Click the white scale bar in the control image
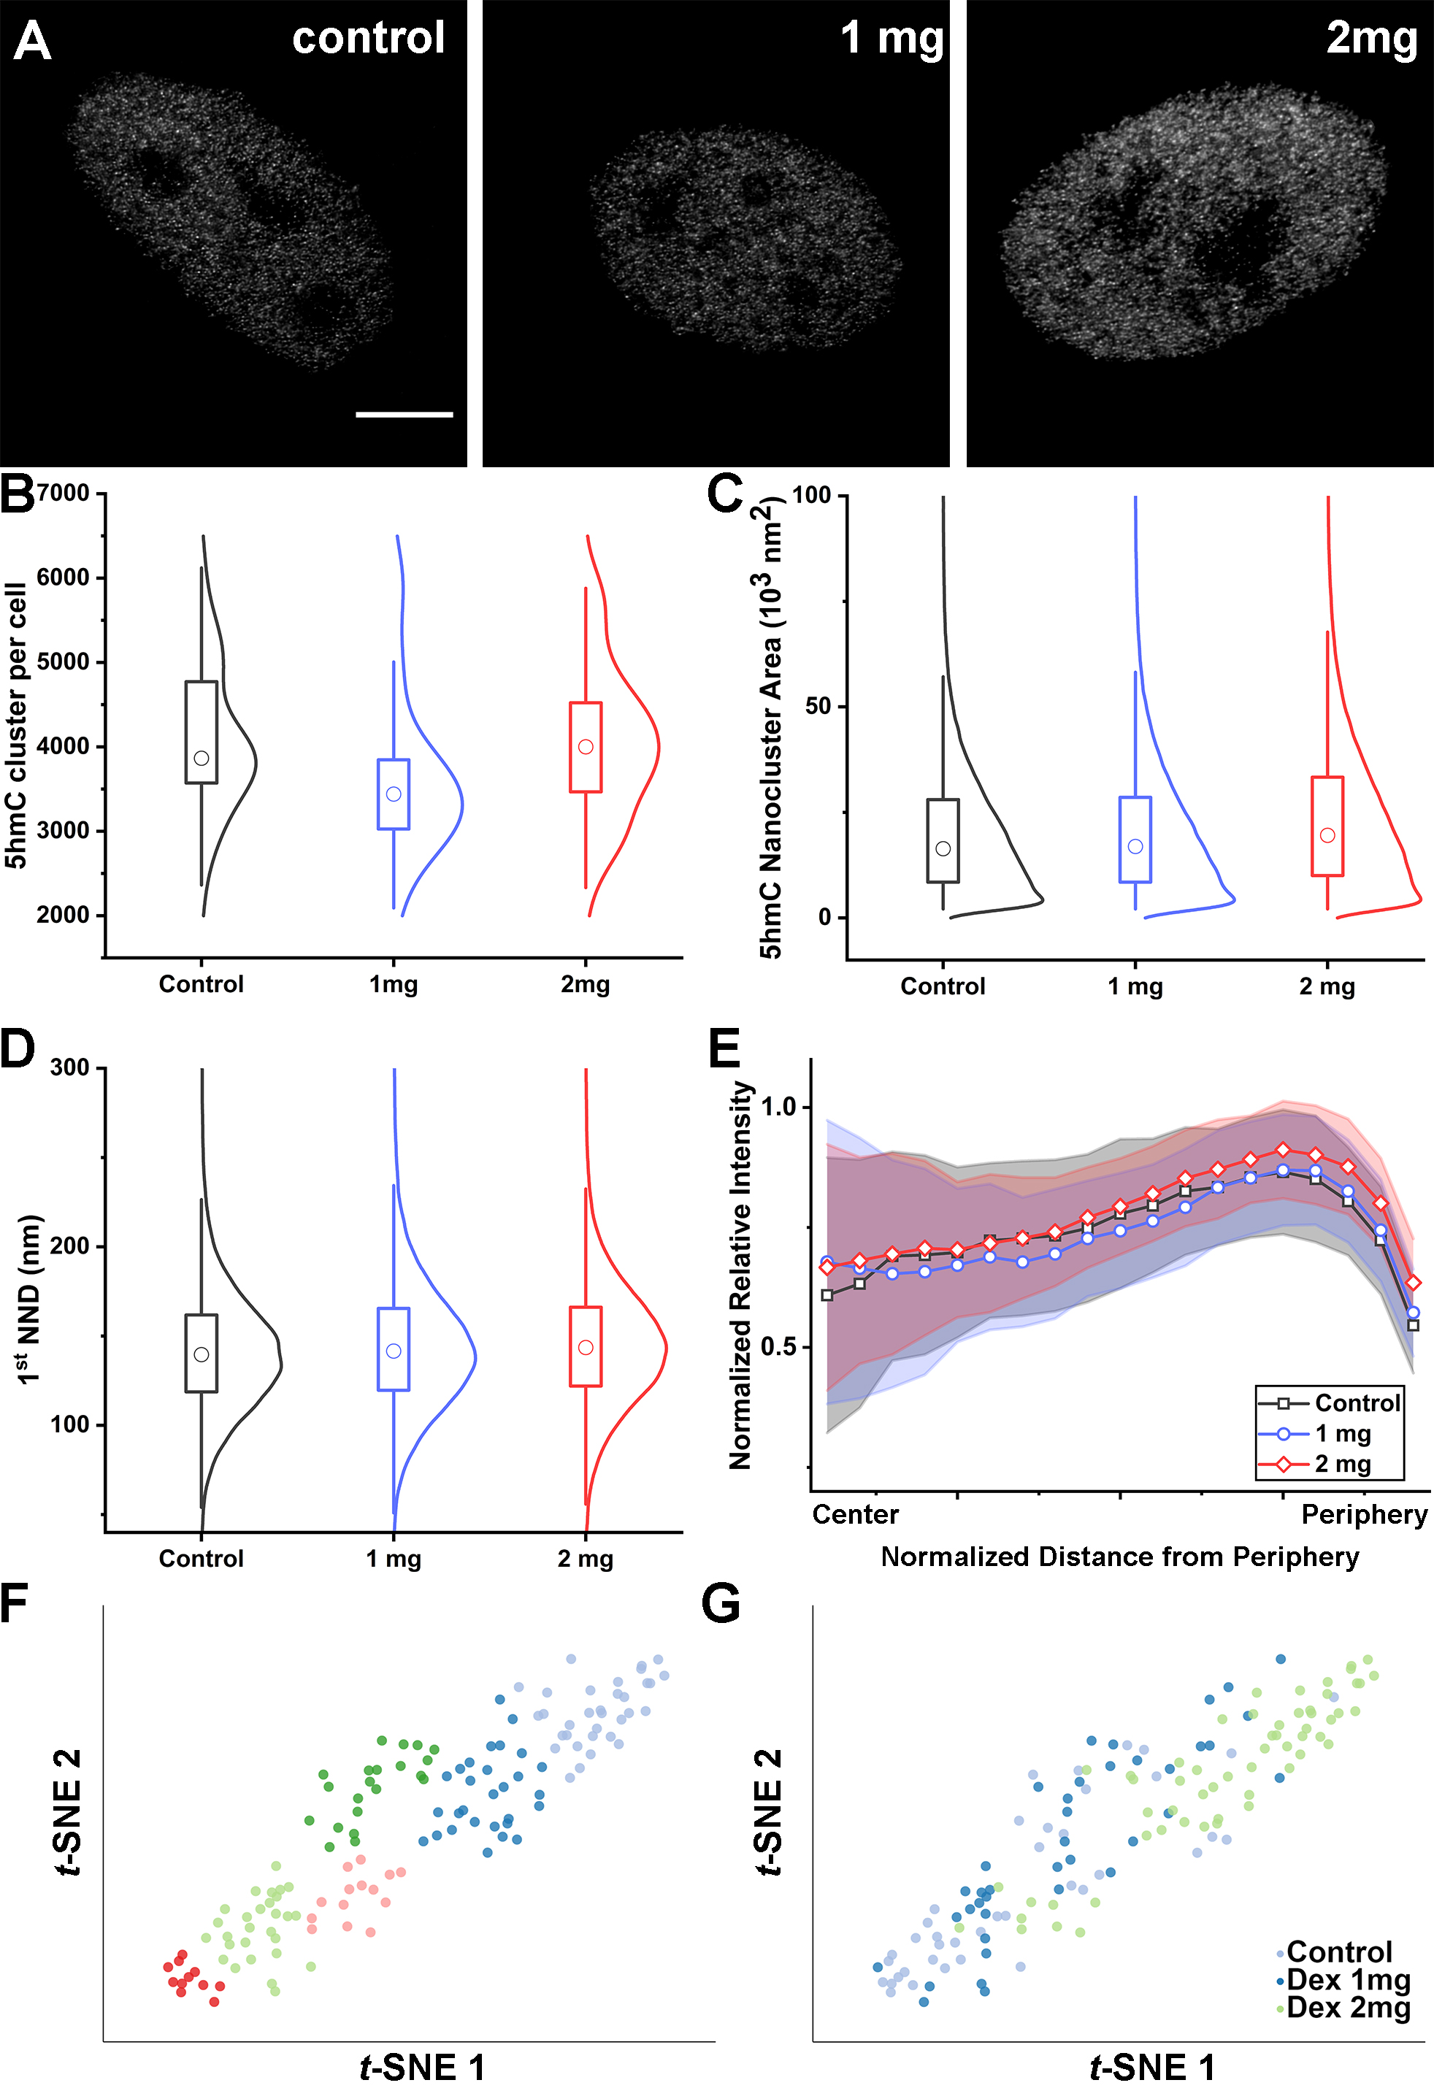pyautogui.click(x=404, y=415)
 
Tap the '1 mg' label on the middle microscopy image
pyautogui.click(x=892, y=39)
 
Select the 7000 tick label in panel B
pyautogui.click(x=64, y=493)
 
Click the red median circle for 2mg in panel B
pyautogui.click(x=585, y=747)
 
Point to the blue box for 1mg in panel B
pyautogui.click(x=393, y=794)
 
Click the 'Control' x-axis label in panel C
pyautogui.click(x=942, y=986)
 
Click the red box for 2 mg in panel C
pyautogui.click(x=1327, y=826)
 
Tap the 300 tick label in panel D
pyautogui.click(x=70, y=1067)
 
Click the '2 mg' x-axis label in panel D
pyautogui.click(x=585, y=1559)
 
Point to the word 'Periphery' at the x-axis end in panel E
pyautogui.click(x=1364, y=1515)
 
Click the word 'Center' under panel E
pyautogui.click(x=855, y=1515)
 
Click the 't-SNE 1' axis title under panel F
pyautogui.click(x=422, y=2068)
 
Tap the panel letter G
pyautogui.click(x=721, y=1605)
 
